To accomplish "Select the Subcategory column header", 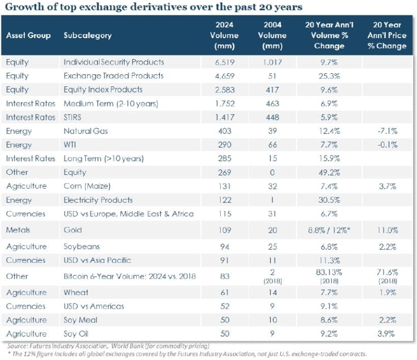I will click(87, 36).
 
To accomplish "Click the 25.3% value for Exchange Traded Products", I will click(329, 76).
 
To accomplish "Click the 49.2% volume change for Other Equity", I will click(329, 172).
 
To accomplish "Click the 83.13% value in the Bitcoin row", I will click(329, 273).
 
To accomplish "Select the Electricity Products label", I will click(98, 200).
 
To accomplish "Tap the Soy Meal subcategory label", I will click(80, 320).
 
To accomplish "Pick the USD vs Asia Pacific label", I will click(97, 260).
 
